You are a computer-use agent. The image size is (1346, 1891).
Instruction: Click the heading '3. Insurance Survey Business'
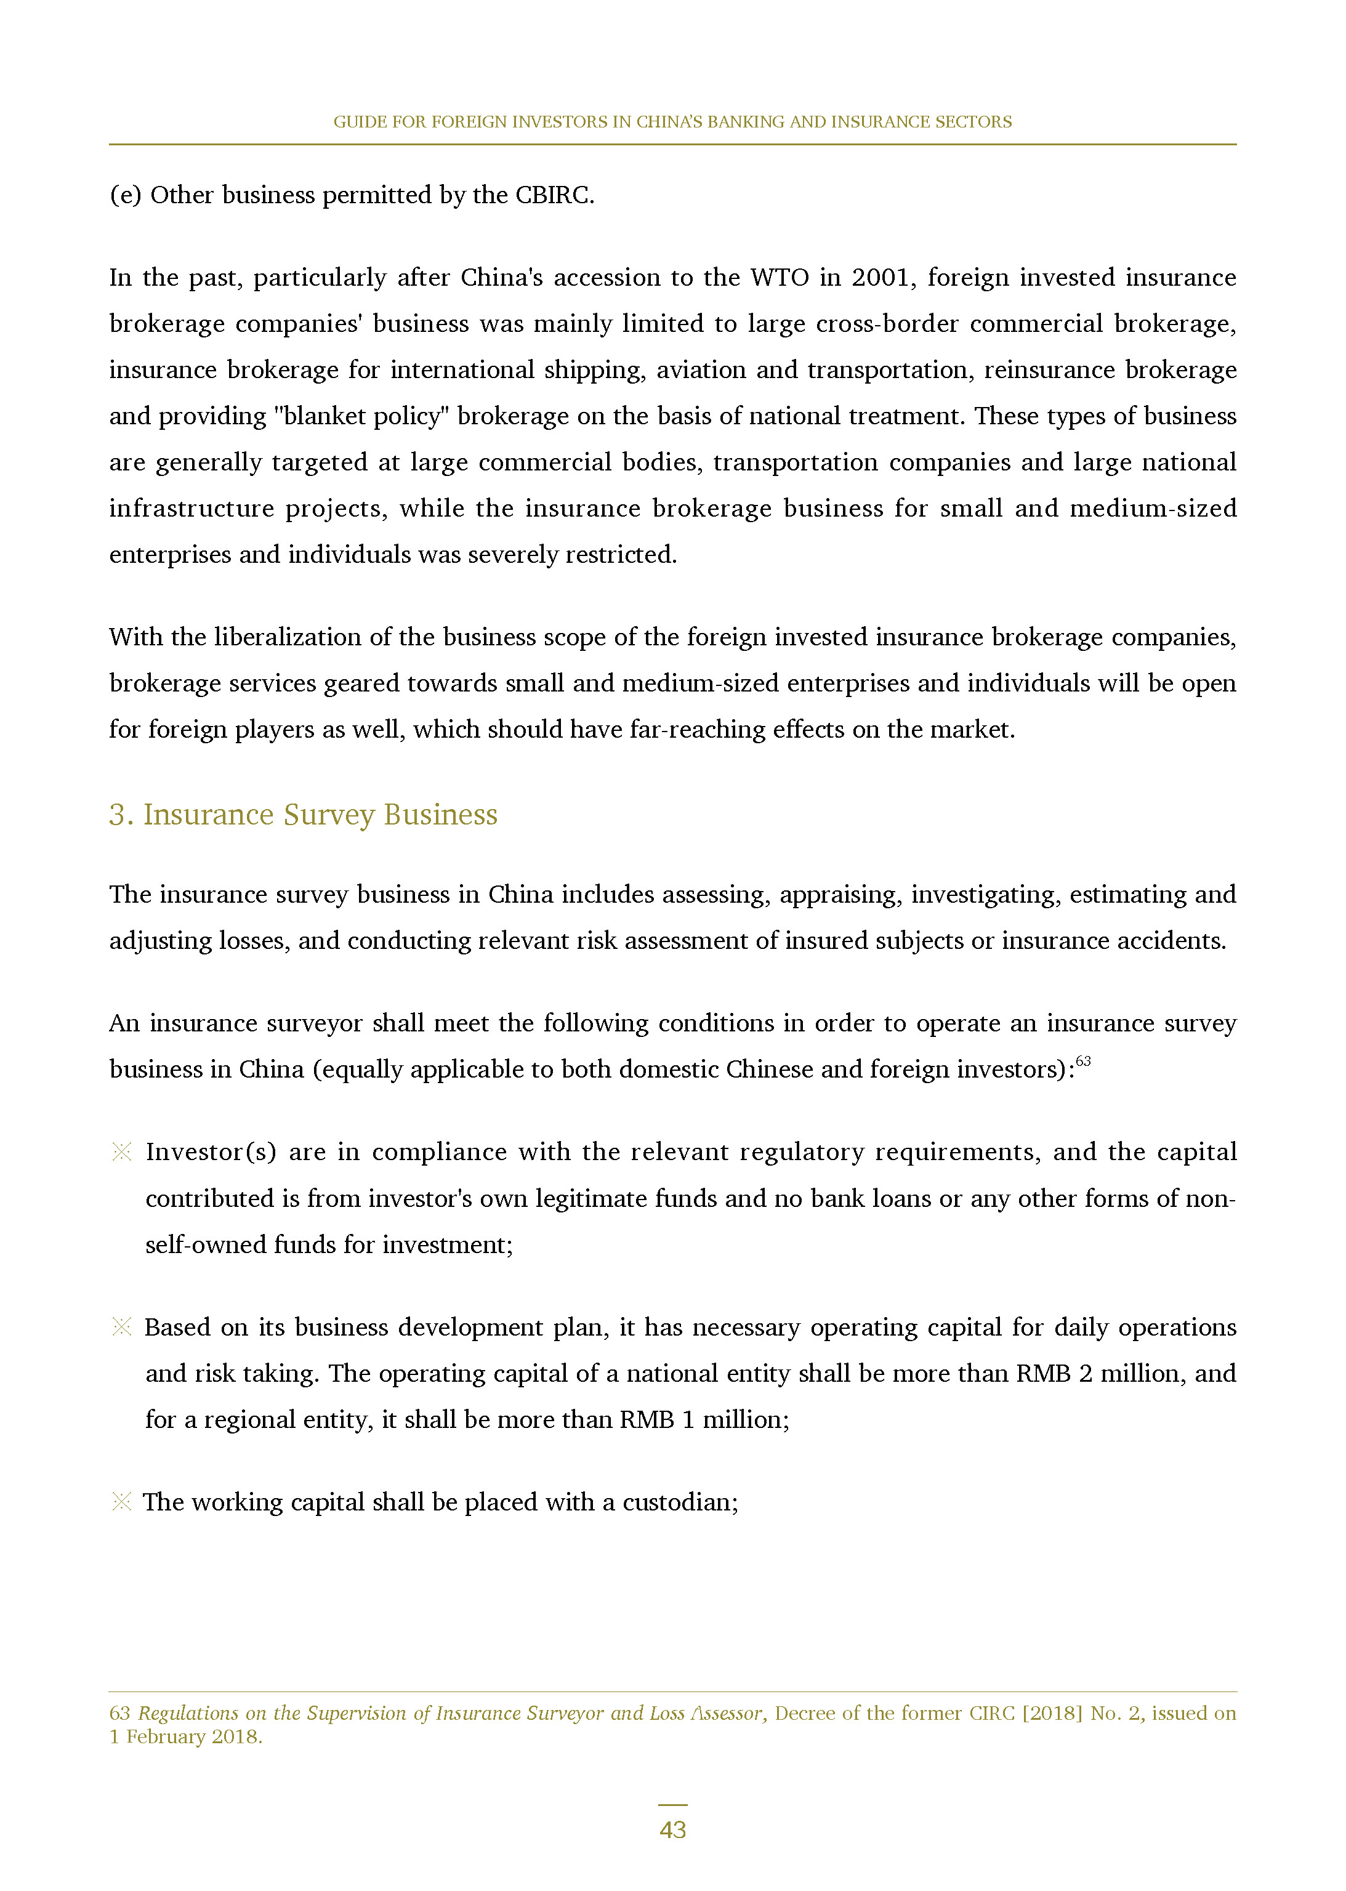[x=304, y=815]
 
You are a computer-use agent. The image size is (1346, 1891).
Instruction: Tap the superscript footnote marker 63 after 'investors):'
[x=1082, y=1061]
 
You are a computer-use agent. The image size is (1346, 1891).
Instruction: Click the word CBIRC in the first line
[x=554, y=196]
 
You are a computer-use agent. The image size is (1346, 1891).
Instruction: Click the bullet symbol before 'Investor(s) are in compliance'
[x=122, y=1152]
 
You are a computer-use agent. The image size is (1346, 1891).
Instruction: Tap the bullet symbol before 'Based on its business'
[x=122, y=1327]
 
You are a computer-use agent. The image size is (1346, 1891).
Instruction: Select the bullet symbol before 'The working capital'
[x=122, y=1501]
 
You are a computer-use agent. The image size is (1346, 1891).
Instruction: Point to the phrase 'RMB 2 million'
[x=1100, y=1374]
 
